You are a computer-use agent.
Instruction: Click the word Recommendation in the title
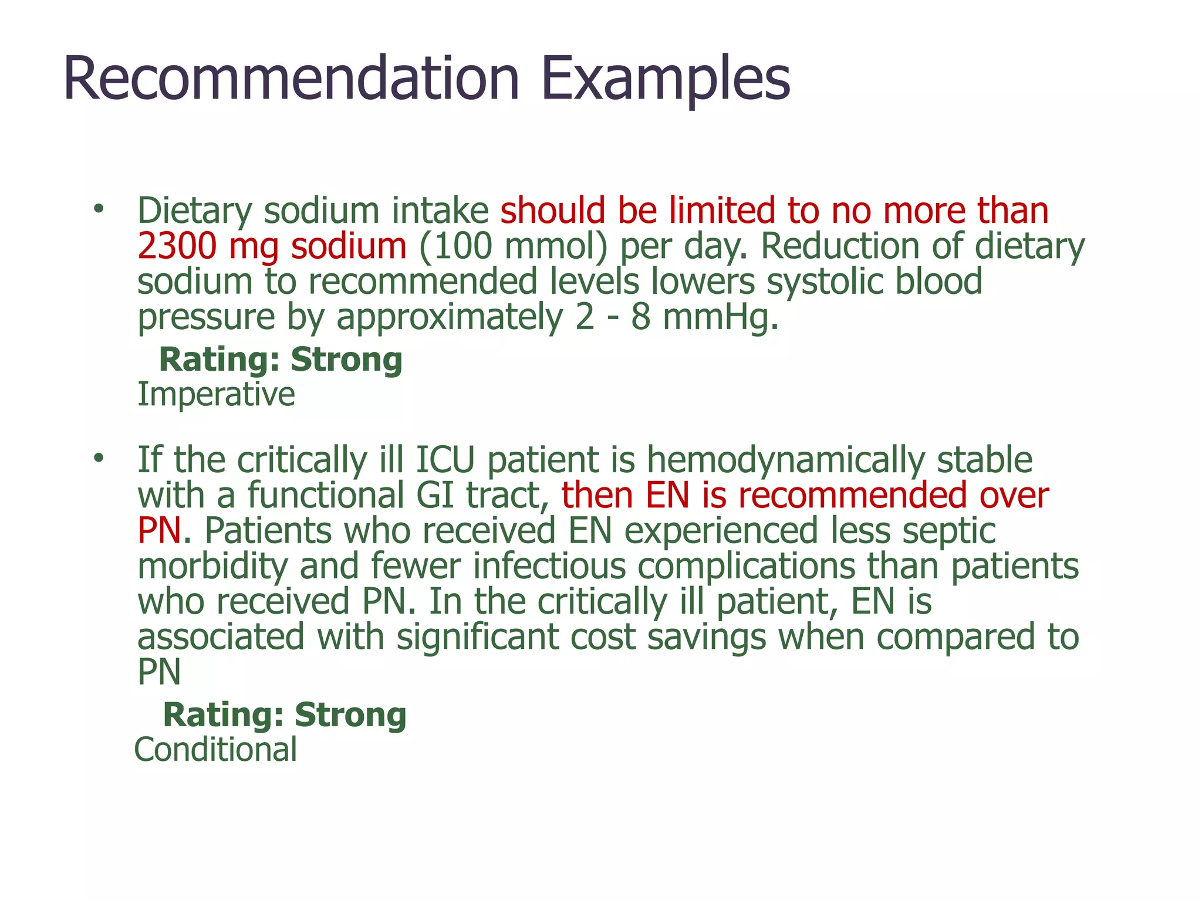click(291, 79)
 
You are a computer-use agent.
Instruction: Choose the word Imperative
click(216, 394)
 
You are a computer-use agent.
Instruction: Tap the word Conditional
click(215, 750)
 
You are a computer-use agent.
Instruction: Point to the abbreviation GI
click(435, 495)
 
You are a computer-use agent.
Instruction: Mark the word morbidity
click(212, 567)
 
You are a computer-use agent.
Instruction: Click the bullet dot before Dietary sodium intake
click(98, 209)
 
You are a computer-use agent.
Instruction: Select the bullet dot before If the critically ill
click(98, 458)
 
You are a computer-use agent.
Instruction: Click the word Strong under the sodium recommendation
click(346, 360)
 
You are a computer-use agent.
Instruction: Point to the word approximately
click(449, 319)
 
